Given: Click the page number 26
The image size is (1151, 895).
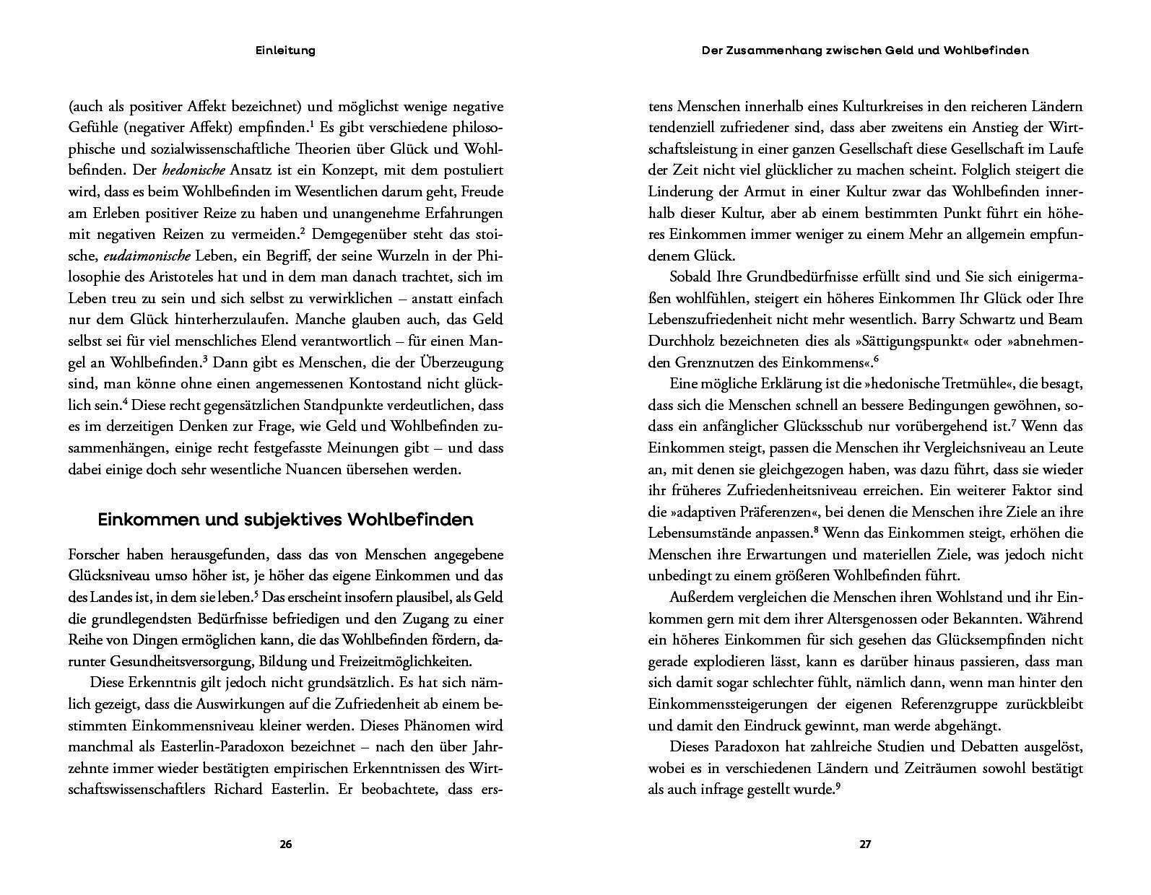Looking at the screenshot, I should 285,844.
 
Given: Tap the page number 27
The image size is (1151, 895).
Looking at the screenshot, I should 865,844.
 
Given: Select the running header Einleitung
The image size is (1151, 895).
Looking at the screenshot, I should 286,51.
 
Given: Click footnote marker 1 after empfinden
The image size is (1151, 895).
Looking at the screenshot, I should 311,125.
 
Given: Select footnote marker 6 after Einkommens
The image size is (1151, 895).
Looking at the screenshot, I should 877,359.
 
